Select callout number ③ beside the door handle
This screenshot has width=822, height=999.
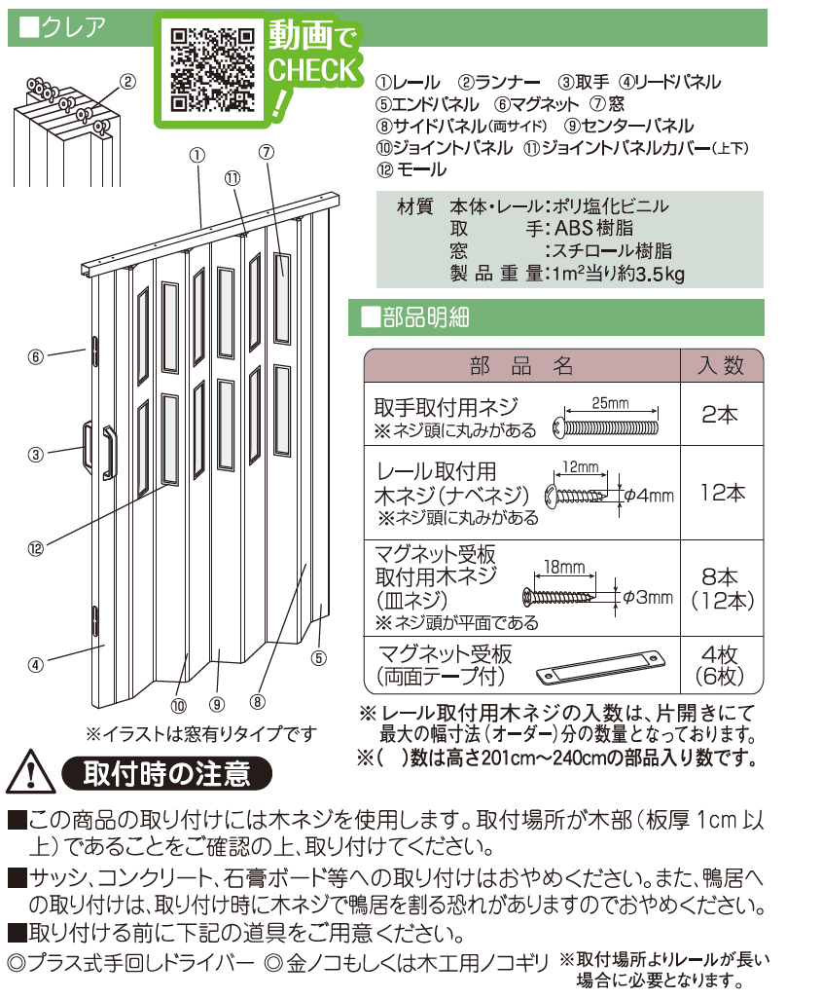coord(36,453)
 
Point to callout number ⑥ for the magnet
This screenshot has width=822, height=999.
coord(36,356)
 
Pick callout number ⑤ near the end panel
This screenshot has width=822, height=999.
coord(318,657)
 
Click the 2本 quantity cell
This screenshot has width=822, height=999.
coord(720,415)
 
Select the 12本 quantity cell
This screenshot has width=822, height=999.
coord(722,493)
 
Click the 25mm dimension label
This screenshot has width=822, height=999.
coord(610,402)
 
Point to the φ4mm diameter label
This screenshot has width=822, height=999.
coord(649,496)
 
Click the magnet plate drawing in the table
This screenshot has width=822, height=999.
coord(599,667)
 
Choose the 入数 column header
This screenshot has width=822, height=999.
coord(721,365)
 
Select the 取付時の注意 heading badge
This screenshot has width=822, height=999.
coord(166,773)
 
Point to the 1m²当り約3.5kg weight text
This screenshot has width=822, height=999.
coord(617,275)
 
